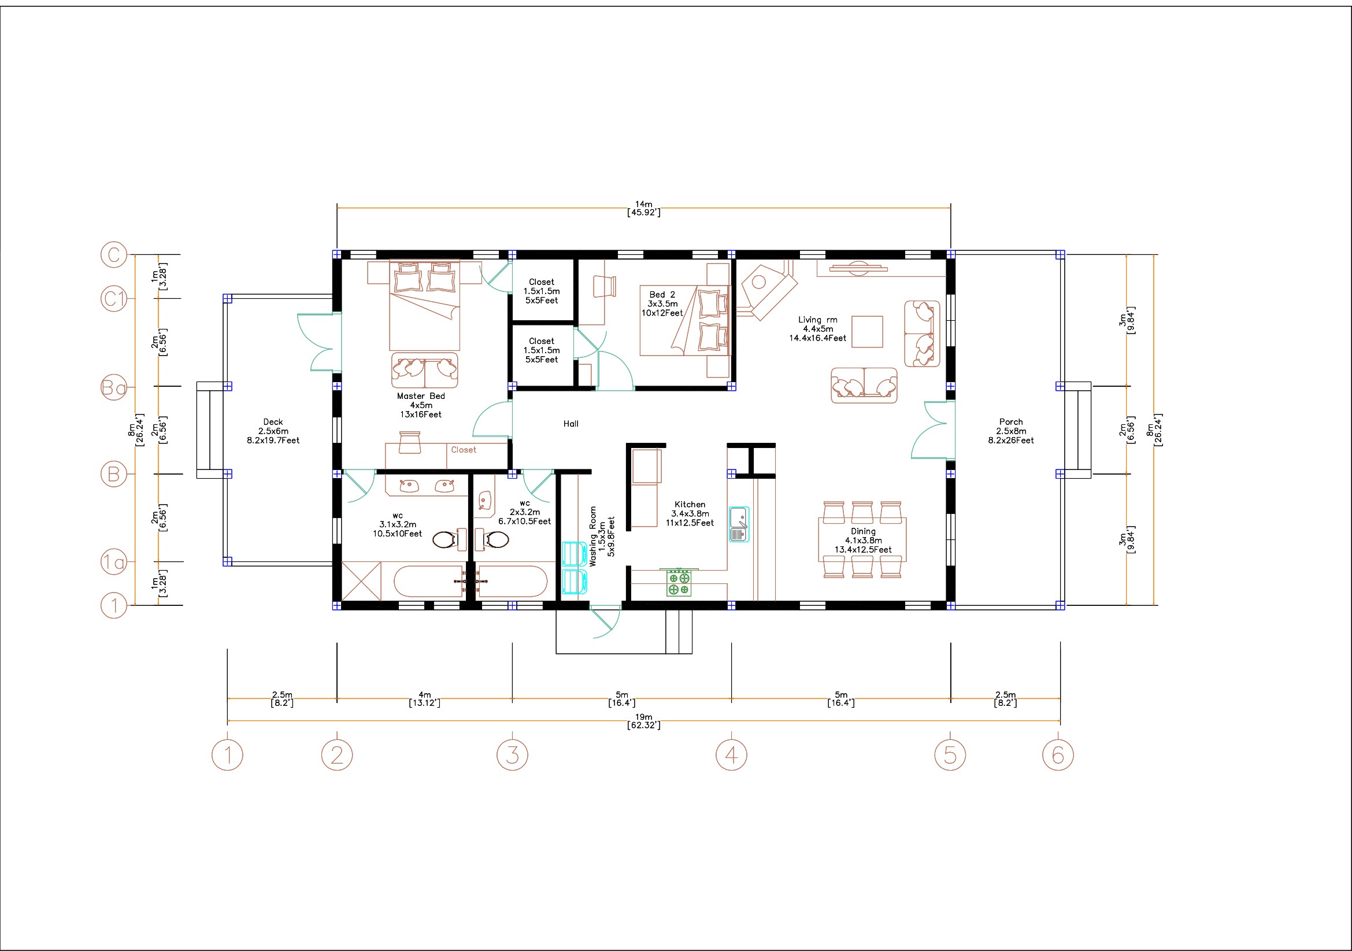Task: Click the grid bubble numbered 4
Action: (x=731, y=755)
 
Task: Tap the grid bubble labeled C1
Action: (x=114, y=298)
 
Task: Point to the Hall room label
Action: (x=571, y=423)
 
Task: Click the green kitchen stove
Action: (x=679, y=582)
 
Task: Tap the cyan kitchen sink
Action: (x=739, y=524)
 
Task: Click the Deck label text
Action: (x=273, y=421)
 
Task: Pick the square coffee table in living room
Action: (x=867, y=331)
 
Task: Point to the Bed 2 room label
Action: (x=662, y=294)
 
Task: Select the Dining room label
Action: (x=862, y=531)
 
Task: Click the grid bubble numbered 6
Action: (x=1058, y=755)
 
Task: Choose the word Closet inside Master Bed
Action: (x=464, y=450)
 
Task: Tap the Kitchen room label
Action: (x=690, y=504)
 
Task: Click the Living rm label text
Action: (x=817, y=320)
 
